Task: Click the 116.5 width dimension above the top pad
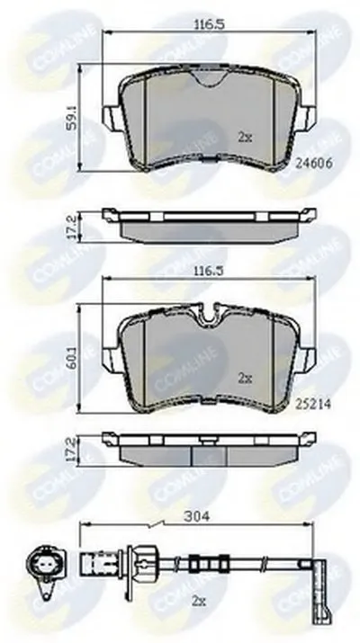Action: tap(209, 24)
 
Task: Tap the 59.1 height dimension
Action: tap(72, 119)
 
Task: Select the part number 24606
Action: tap(314, 163)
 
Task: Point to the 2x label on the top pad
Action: tap(245, 138)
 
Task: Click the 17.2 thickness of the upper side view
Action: tap(72, 228)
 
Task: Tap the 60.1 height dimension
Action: tap(72, 360)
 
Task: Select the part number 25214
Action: tap(313, 405)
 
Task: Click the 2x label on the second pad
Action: tap(245, 379)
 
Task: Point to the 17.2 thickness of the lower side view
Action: tap(72, 450)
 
